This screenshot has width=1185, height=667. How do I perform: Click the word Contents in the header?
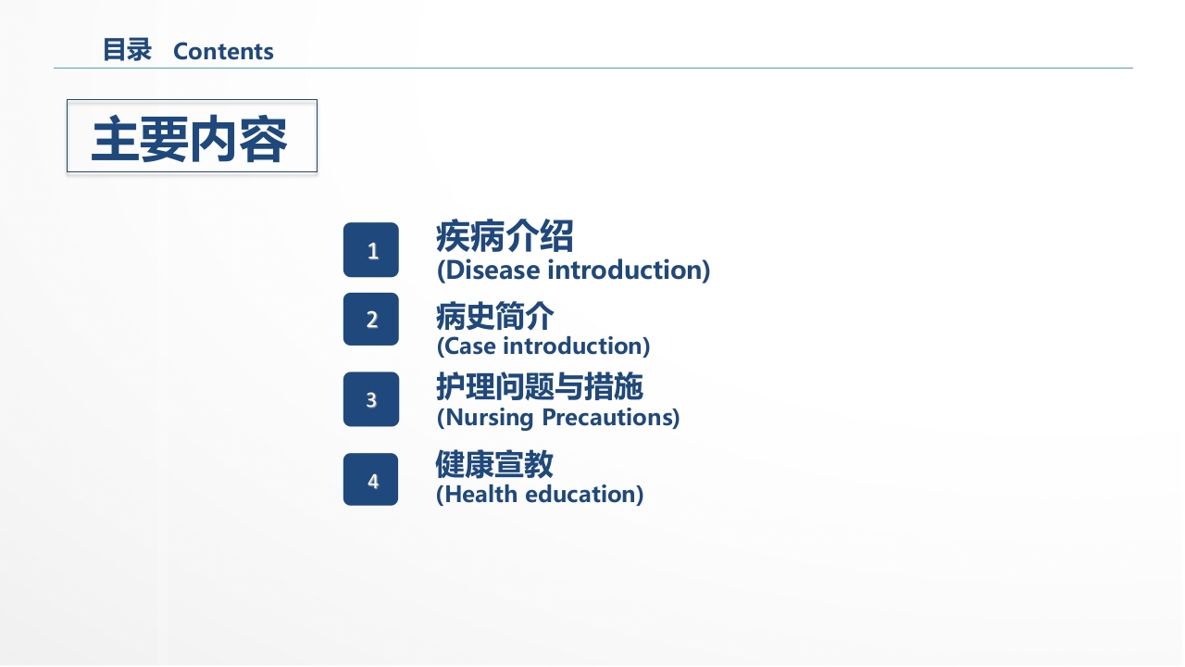(223, 51)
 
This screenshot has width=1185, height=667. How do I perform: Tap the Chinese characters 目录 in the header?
(127, 50)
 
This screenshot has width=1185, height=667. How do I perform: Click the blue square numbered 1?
(371, 250)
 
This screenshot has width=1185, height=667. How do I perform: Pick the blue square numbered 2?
(371, 320)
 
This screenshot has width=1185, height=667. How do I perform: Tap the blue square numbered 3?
(371, 399)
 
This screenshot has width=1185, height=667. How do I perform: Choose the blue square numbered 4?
(371, 479)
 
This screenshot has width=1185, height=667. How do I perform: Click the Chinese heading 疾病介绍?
(505, 236)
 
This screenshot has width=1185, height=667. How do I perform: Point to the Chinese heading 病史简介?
(494, 316)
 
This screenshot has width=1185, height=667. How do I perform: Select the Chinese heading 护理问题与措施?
(540, 386)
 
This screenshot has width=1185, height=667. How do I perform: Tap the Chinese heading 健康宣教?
(494, 464)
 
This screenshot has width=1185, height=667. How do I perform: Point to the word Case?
(470, 346)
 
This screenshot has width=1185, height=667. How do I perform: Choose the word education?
(580, 495)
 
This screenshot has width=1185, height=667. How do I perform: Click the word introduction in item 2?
(573, 346)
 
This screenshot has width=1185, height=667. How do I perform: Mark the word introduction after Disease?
(625, 270)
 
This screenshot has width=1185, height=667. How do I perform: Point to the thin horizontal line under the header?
(593, 68)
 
